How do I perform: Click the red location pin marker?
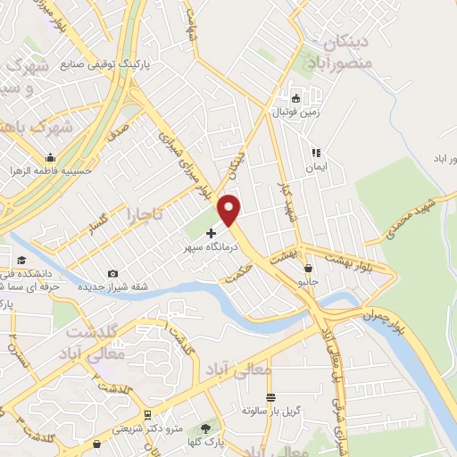pyautogui.click(x=230, y=209)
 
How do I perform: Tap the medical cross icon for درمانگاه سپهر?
pyautogui.click(x=211, y=233)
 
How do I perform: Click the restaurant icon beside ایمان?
pyautogui.click(x=314, y=153)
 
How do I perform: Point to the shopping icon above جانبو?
pyautogui.click(x=309, y=267)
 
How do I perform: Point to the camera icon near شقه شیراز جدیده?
pyautogui.click(x=112, y=273)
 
